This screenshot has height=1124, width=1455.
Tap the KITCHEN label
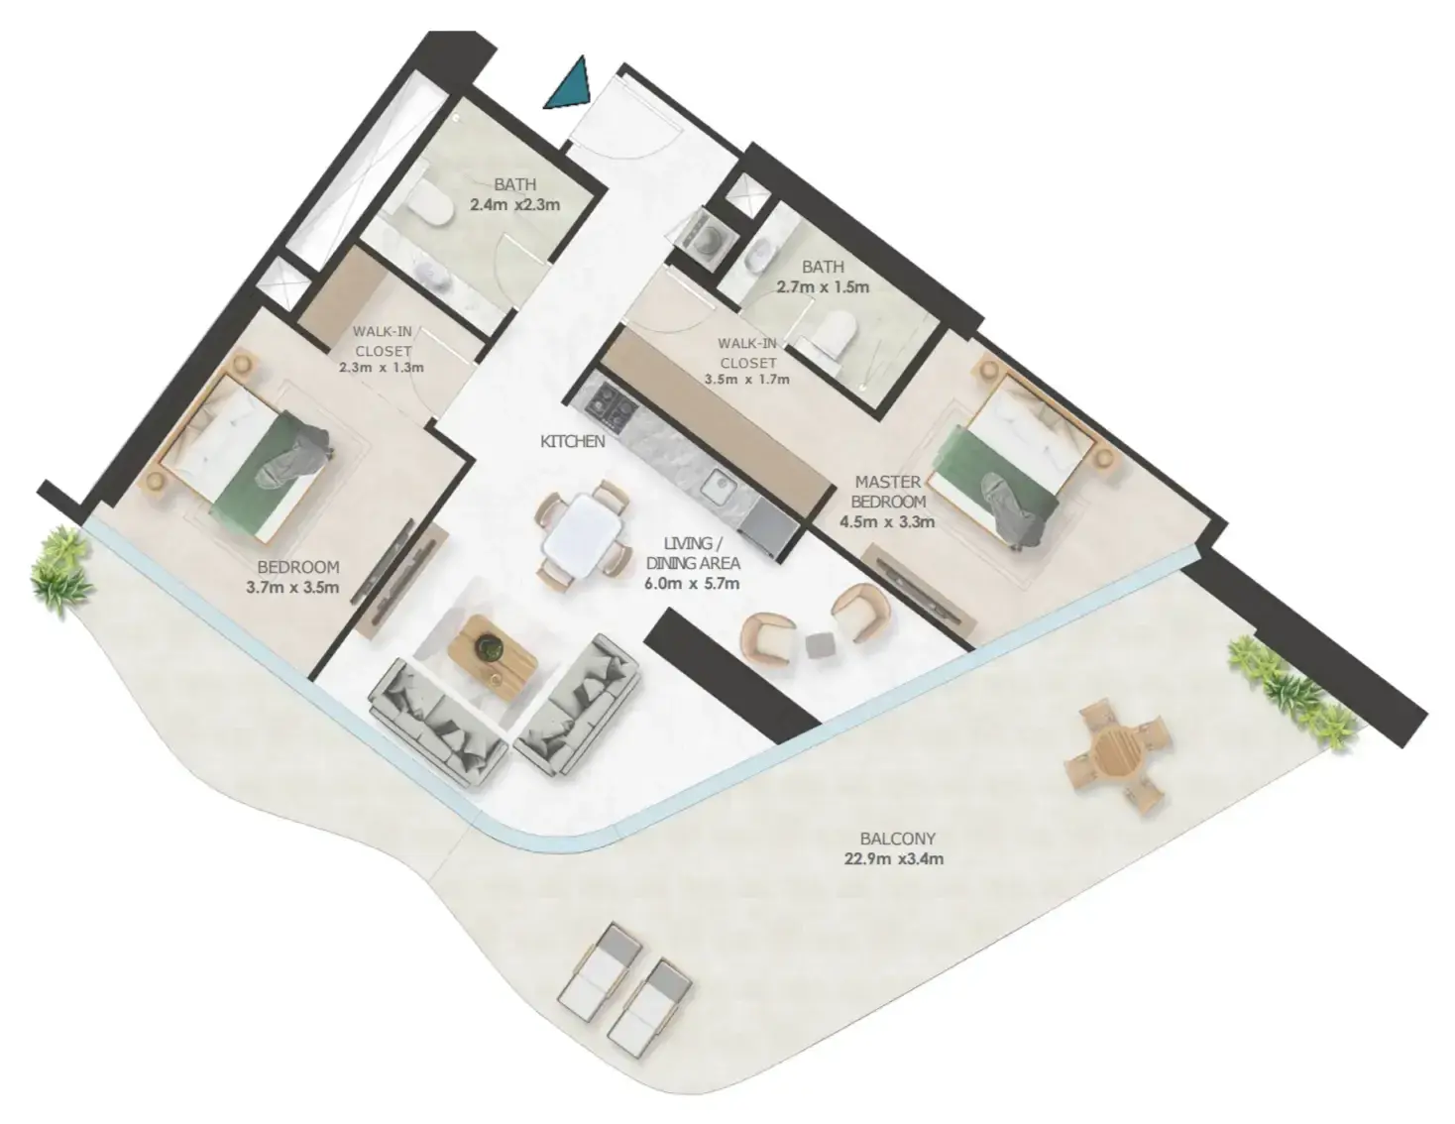coord(573,442)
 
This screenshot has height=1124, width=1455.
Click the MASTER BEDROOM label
coord(888,491)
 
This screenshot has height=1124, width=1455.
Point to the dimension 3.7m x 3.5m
coord(292,588)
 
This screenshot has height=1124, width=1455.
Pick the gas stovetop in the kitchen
coord(610,405)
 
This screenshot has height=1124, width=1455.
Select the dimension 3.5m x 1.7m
coord(746,380)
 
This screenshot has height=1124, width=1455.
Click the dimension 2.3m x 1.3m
coord(381,368)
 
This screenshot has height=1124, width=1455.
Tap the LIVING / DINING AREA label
coord(693,553)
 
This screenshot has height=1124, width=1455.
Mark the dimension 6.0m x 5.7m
coord(692,583)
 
